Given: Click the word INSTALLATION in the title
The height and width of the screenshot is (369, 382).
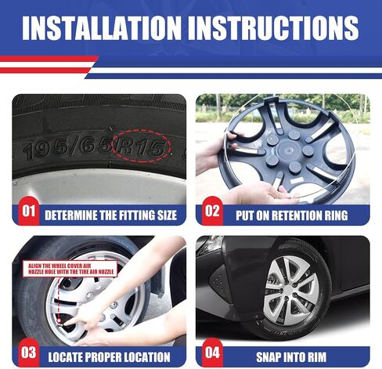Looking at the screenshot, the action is tap(102, 28).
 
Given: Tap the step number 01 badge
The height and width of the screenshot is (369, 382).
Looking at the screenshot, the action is tap(28, 211).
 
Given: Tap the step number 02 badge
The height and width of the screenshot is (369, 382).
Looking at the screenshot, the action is tap(212, 211).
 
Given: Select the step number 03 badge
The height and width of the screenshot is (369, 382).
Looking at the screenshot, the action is tap(28, 353).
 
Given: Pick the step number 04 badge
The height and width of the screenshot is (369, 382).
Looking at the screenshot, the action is tap(212, 353).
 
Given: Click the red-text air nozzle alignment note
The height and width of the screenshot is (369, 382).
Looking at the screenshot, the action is tap(70, 269).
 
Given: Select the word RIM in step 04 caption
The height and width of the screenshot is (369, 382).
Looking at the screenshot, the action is tap(317, 357).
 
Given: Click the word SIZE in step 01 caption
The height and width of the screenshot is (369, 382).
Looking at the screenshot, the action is tap(167, 215).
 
